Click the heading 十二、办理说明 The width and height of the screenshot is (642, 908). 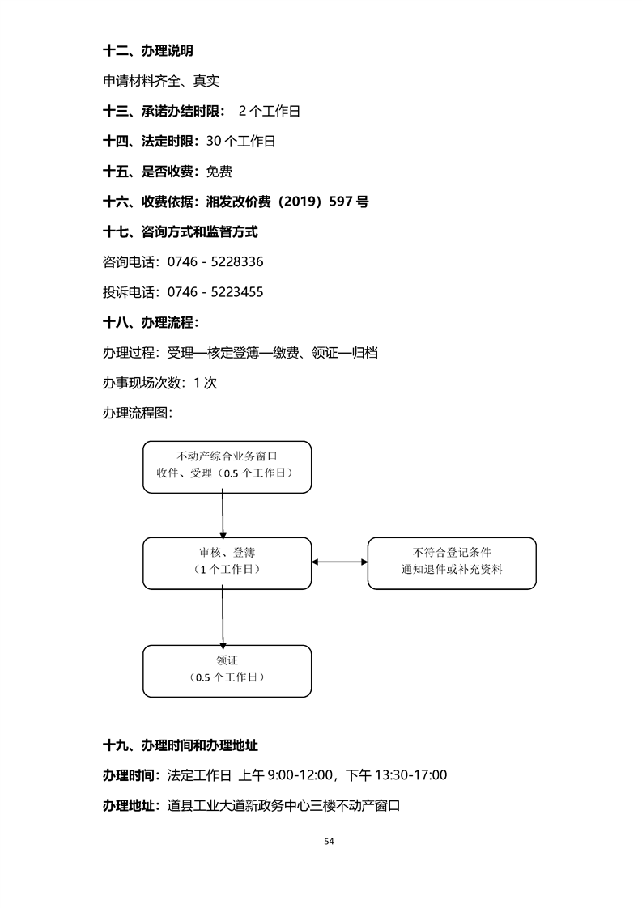click(x=148, y=51)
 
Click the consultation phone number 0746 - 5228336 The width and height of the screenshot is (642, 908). click(x=215, y=262)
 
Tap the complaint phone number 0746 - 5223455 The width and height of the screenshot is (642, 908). click(x=215, y=292)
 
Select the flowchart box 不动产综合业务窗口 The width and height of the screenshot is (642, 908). click(x=227, y=466)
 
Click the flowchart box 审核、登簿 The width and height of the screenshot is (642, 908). click(x=227, y=562)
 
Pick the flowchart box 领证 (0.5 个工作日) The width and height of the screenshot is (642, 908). click(x=227, y=670)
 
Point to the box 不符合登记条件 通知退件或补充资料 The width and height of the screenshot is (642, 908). click(x=452, y=562)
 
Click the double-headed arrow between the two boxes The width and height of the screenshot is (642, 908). click(x=339, y=562)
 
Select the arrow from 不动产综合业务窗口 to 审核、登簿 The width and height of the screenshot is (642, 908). click(x=222, y=515)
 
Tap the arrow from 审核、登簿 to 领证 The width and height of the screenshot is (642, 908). click(x=222, y=617)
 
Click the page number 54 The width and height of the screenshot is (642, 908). click(x=329, y=842)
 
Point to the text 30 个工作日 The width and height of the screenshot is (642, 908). click(x=241, y=142)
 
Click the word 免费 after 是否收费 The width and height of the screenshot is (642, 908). click(x=219, y=172)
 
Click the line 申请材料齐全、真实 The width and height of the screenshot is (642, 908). click(x=161, y=81)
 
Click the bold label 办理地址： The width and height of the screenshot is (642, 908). click(x=134, y=805)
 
